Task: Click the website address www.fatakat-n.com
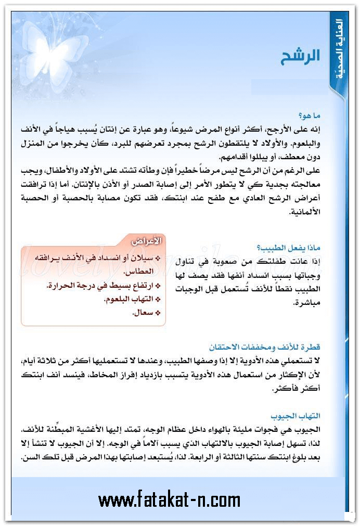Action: [169, 501]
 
